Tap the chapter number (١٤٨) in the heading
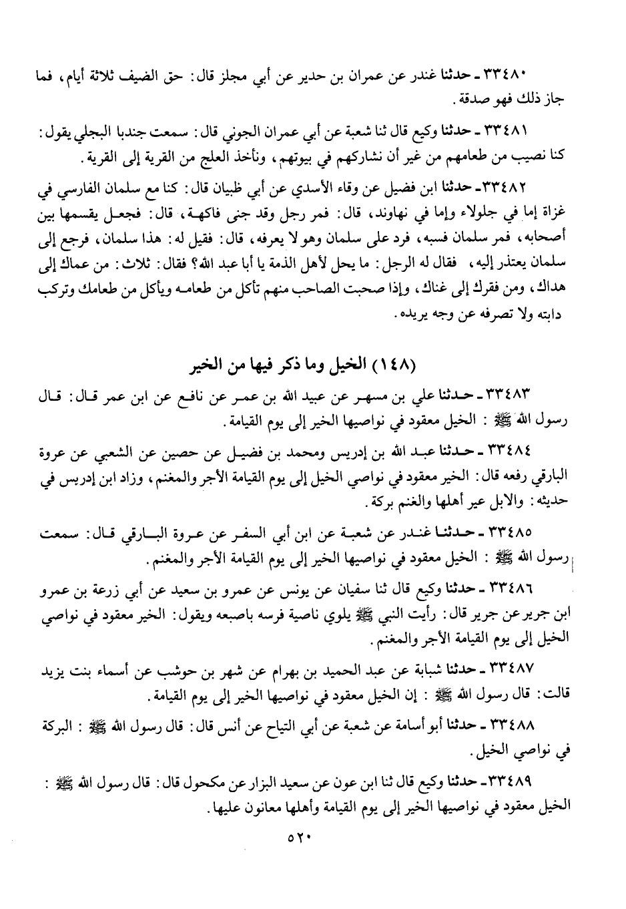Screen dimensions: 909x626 click(396, 365)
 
